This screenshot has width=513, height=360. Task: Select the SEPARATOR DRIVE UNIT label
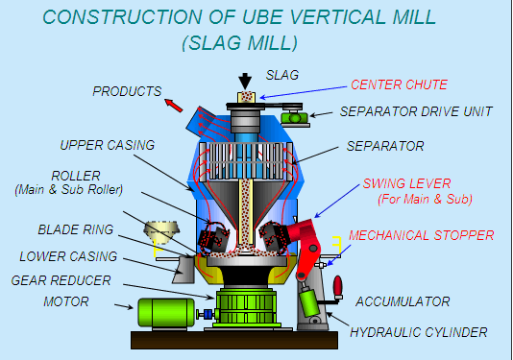[x=416, y=111]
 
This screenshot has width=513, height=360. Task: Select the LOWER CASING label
[x=68, y=256]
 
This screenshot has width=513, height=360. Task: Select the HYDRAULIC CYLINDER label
[x=418, y=332]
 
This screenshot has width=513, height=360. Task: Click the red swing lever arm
[x=308, y=240]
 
